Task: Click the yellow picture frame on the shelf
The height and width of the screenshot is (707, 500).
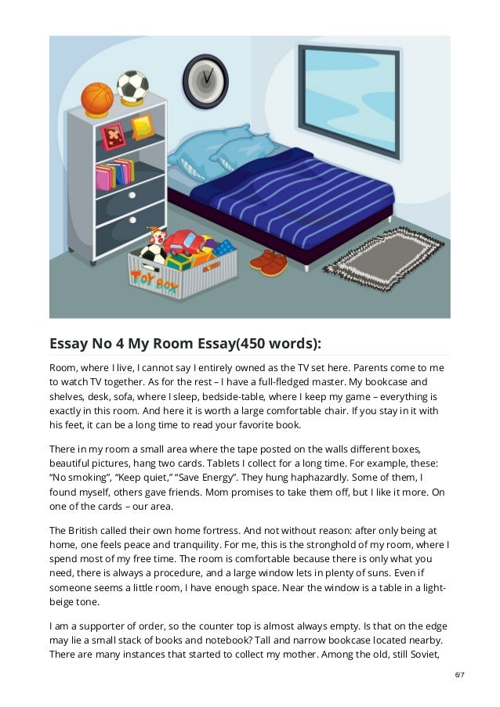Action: (x=142, y=126)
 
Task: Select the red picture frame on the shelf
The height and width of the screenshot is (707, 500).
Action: (x=114, y=135)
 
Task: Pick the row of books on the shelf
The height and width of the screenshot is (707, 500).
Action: (x=114, y=173)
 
